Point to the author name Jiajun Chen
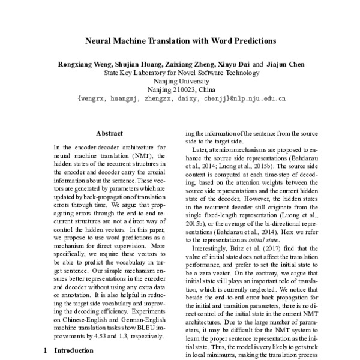(x=283, y=65)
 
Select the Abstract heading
(x=109, y=133)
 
